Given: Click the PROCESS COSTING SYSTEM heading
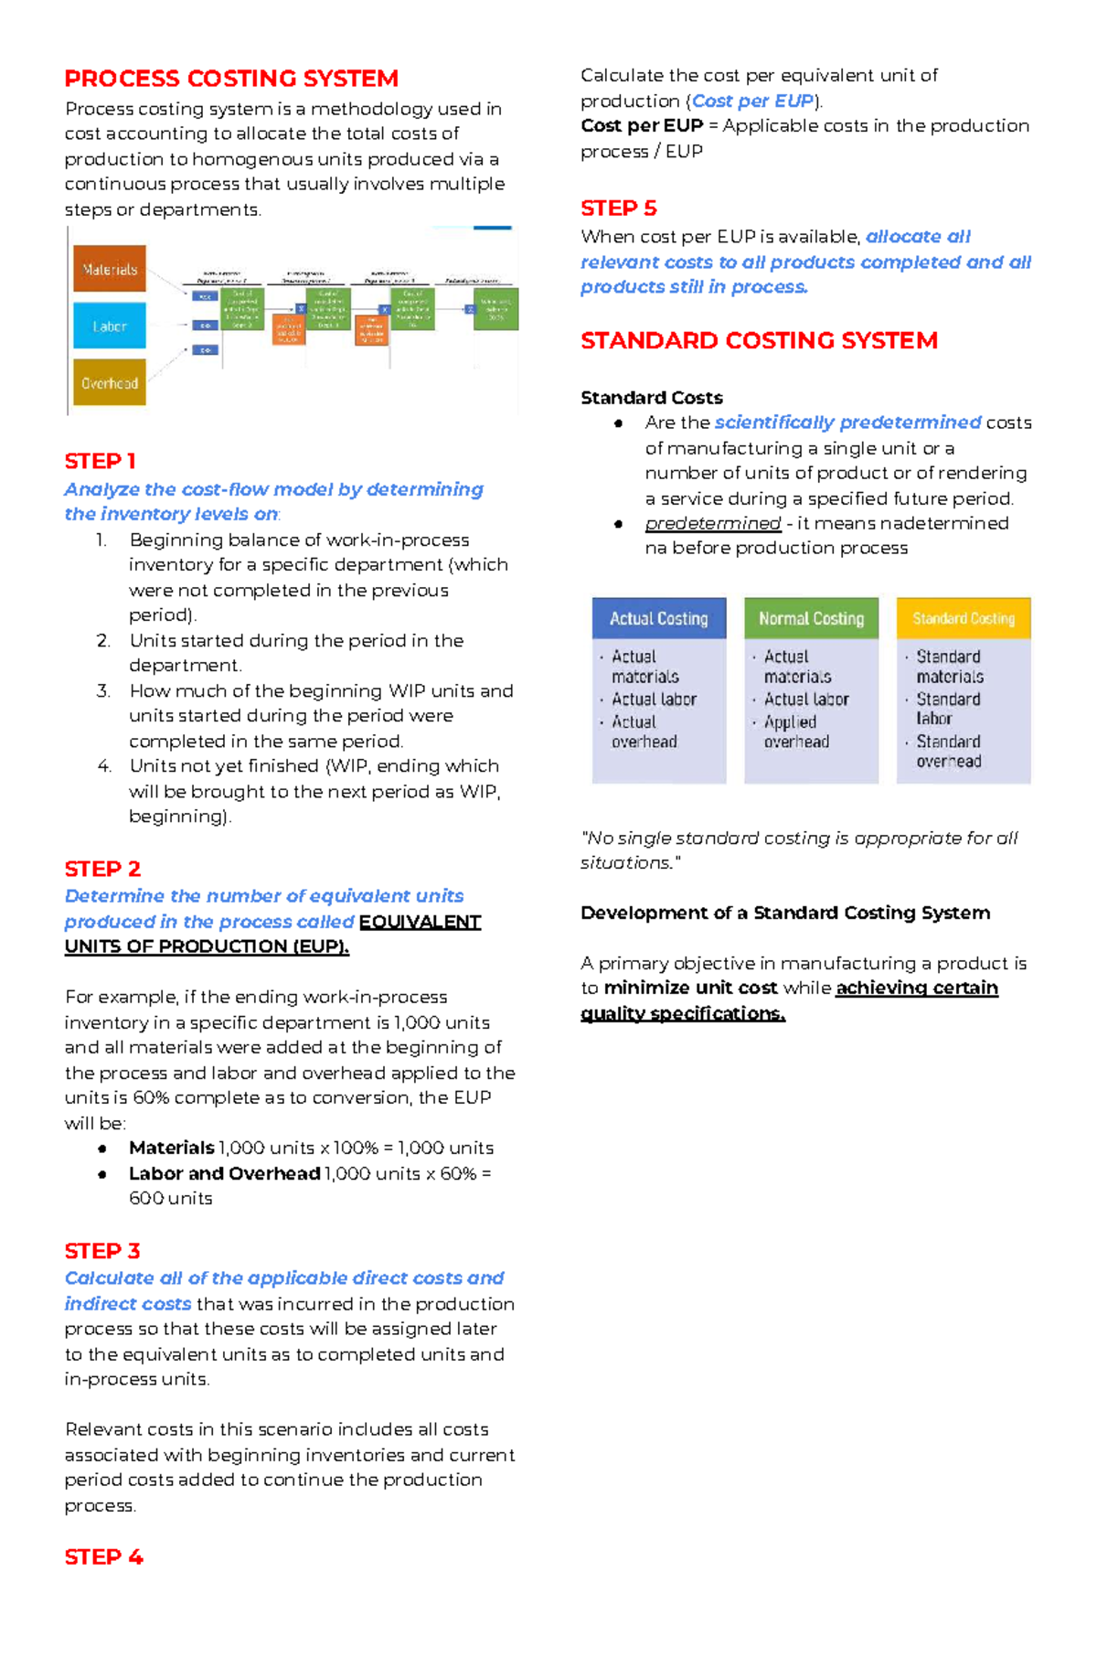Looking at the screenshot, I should tap(231, 79).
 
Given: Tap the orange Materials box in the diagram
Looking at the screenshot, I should tap(110, 269).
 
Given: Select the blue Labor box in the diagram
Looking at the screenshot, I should tap(110, 326).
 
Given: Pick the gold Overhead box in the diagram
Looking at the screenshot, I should tap(110, 383).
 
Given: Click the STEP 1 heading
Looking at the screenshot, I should tap(100, 461).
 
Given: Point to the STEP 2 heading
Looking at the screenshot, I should tap(102, 869).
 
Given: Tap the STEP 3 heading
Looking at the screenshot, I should tap(102, 1250).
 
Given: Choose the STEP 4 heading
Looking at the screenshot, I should tap(103, 1556).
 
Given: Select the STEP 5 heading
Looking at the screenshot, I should tap(619, 208).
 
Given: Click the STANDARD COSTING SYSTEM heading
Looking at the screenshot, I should tap(759, 341).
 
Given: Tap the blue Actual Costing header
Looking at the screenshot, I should tap(659, 619).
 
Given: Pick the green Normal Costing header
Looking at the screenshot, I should tap(811, 619).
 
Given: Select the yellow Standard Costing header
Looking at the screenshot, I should tap(964, 619).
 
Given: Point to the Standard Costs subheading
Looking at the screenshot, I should tap(651, 398).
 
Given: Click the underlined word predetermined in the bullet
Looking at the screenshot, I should tap(713, 523).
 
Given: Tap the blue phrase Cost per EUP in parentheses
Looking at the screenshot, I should tap(752, 101).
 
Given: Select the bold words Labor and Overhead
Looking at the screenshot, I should tap(224, 1173).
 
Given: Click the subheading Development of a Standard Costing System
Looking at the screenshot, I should tap(784, 913).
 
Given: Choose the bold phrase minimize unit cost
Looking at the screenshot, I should tap(690, 988).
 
